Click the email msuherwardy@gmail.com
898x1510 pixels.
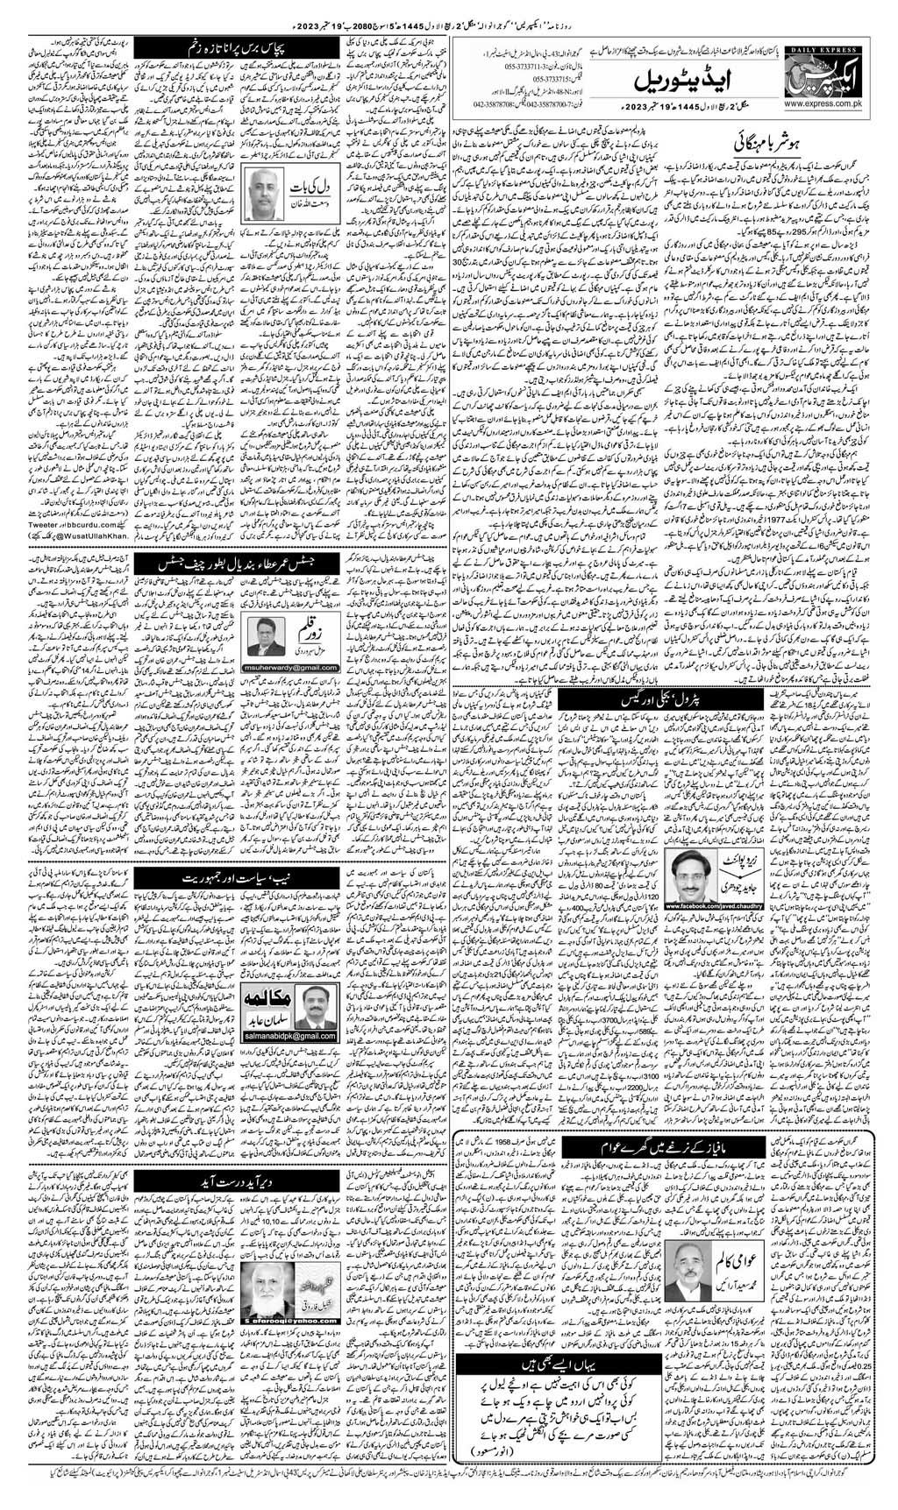pos(283,665)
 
